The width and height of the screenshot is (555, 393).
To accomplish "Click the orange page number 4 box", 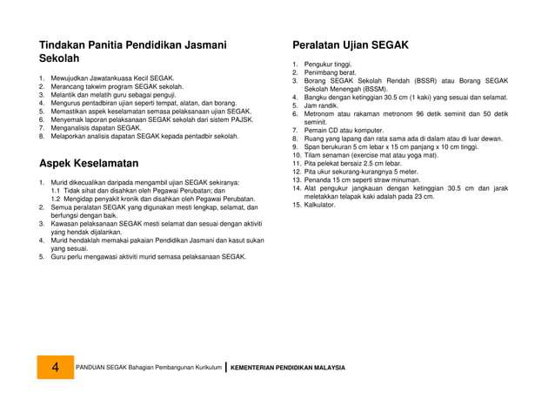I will (56, 368).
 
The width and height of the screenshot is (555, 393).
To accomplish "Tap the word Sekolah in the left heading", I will (60, 58).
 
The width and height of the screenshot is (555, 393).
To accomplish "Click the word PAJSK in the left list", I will (241, 120).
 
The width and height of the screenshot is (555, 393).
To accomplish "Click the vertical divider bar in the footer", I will (225, 367).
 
